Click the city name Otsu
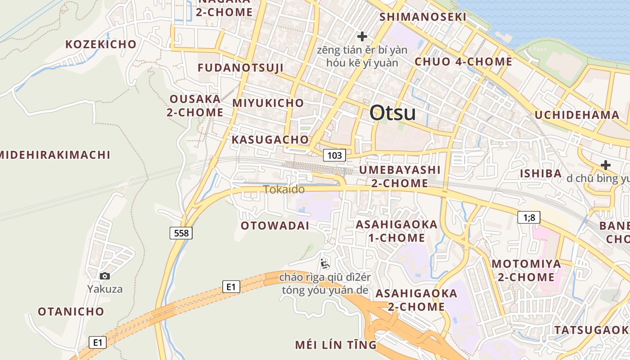pyautogui.click(x=392, y=113)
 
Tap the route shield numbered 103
pyautogui.click(x=334, y=156)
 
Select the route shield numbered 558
pyautogui.click(x=181, y=233)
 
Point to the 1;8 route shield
pyautogui.click(x=529, y=218)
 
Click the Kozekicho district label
pyautogui.click(x=101, y=44)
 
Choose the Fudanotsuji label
pyautogui.click(x=240, y=68)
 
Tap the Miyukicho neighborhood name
pyautogui.click(x=268, y=103)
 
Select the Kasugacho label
pyautogui.click(x=270, y=139)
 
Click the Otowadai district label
pyautogui.click(x=275, y=225)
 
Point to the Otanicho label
pyautogui.click(x=71, y=311)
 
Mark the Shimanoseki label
pyautogui.click(x=423, y=17)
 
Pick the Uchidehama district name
pyautogui.click(x=577, y=115)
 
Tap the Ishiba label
pyautogui.click(x=540, y=173)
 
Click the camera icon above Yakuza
pyautogui.click(x=105, y=276)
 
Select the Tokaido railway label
pyautogui.click(x=284, y=189)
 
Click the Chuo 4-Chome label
pyautogui.click(x=463, y=62)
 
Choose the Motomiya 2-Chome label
pyautogui.click(x=526, y=270)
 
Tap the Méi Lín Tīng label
pyautogui.click(x=335, y=345)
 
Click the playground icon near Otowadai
pyautogui.click(x=325, y=263)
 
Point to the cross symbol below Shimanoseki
pyautogui.click(x=362, y=36)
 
